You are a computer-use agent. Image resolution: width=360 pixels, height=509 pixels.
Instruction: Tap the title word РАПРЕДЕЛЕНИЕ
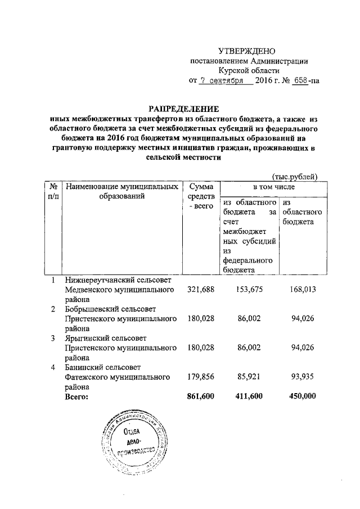183,108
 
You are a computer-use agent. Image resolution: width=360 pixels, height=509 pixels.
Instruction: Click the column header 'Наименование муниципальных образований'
123,191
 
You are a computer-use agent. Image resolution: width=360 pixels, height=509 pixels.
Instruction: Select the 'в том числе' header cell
272,186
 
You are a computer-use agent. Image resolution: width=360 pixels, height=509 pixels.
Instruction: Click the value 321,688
200,290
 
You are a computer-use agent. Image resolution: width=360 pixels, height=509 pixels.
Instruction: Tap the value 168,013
301,290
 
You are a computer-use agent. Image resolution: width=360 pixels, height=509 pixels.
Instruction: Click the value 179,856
200,377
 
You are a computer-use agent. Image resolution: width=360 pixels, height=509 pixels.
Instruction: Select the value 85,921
248,377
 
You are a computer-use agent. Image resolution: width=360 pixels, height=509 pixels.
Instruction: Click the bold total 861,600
200,396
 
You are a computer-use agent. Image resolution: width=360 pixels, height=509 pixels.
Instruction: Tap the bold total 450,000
301,396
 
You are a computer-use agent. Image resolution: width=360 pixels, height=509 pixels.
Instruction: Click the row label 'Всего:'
78,396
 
